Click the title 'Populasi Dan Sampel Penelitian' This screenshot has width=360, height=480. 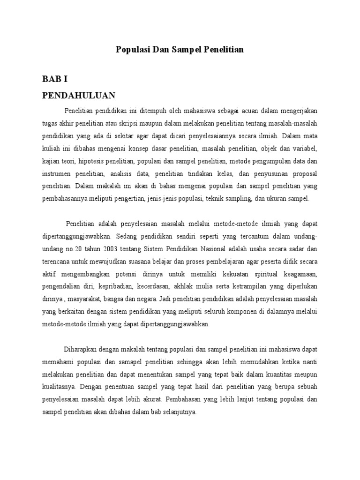coord(180,49)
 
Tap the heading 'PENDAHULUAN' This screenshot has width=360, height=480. coord(79,96)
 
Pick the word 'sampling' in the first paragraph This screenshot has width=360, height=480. coord(237,198)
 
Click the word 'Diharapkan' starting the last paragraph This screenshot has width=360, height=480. coord(80,349)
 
